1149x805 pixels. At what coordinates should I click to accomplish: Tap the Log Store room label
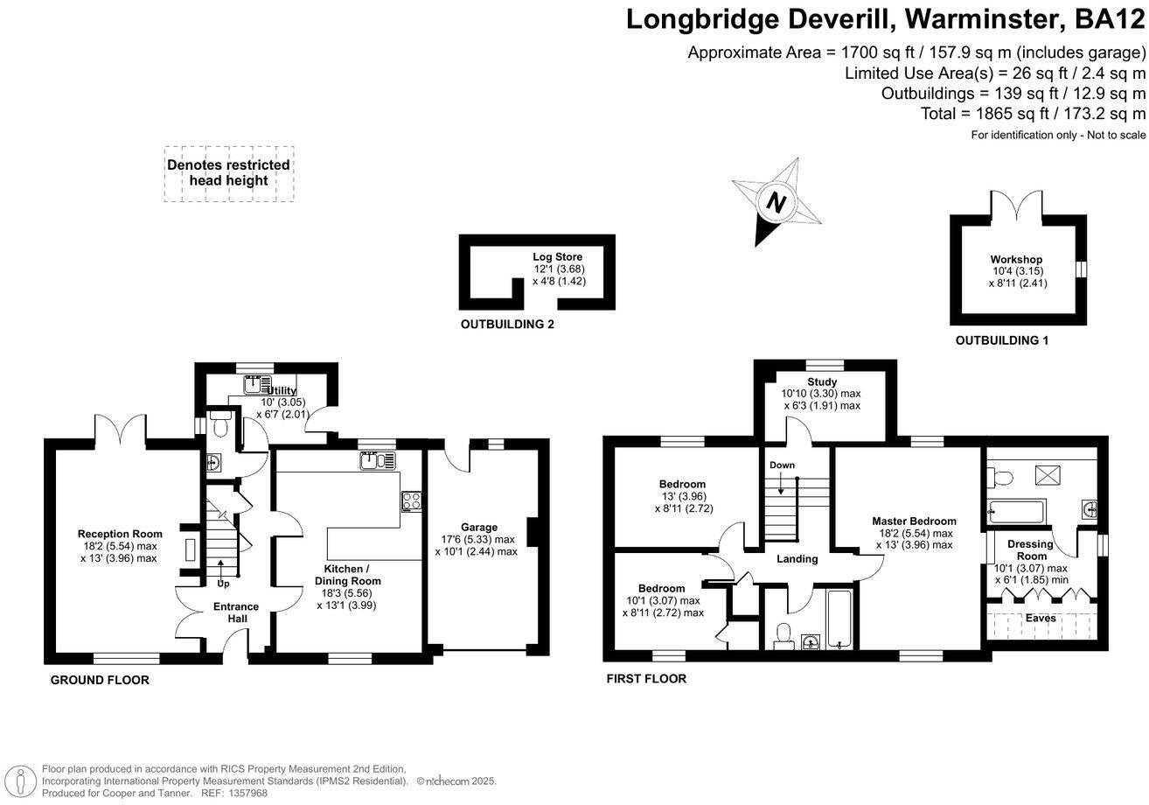click(558, 257)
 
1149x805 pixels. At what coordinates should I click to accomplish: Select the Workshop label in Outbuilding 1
click(1016, 260)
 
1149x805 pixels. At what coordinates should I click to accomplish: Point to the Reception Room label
click(120, 534)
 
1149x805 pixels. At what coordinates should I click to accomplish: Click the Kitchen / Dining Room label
click(347, 574)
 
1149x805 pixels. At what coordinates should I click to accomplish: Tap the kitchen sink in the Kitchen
click(377, 459)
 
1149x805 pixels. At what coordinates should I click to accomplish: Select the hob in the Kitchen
click(411, 501)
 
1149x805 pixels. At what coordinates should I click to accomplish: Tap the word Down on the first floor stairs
click(782, 465)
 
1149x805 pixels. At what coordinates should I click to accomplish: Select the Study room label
click(822, 381)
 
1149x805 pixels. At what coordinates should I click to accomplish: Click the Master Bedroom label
click(914, 521)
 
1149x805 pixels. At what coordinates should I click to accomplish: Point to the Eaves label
click(1041, 618)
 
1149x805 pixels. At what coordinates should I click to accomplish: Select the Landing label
click(797, 558)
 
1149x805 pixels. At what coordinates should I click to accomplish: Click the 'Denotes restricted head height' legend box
click(228, 173)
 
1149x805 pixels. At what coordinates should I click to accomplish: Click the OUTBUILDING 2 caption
click(507, 325)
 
